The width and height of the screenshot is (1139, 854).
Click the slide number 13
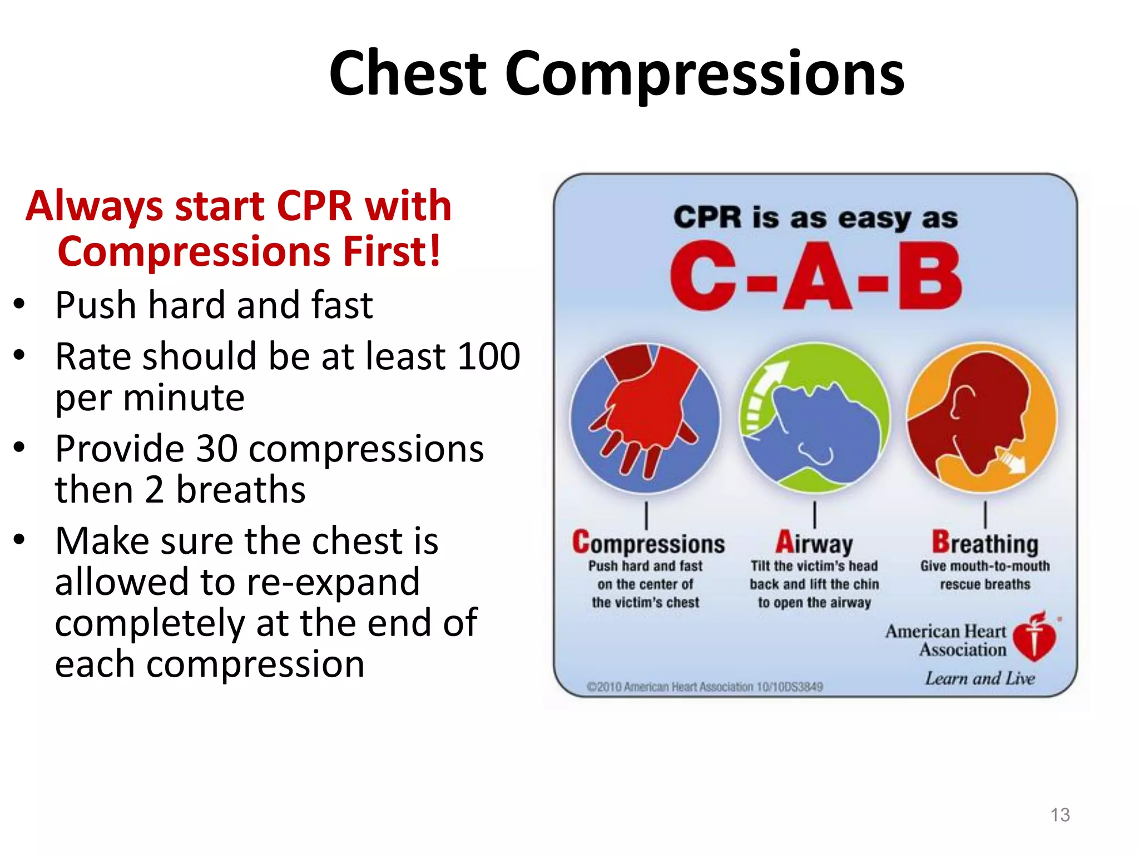pyautogui.click(x=1059, y=815)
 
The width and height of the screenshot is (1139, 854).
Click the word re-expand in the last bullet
pyautogui.click(x=333, y=582)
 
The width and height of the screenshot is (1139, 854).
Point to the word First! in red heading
pyautogui.click(x=392, y=251)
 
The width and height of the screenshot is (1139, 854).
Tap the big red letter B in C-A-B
pyautogui.click(x=930, y=276)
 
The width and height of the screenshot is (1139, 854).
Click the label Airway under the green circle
pyautogui.click(x=814, y=543)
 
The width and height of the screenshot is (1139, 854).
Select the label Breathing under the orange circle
pyautogui.click(x=985, y=543)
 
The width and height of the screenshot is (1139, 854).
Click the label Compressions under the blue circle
pyautogui.click(x=648, y=543)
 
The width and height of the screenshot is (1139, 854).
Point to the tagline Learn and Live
pyautogui.click(x=979, y=679)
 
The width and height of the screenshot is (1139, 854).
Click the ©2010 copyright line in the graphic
pyautogui.click(x=705, y=687)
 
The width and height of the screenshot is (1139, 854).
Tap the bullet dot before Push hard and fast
pyautogui.click(x=19, y=305)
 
